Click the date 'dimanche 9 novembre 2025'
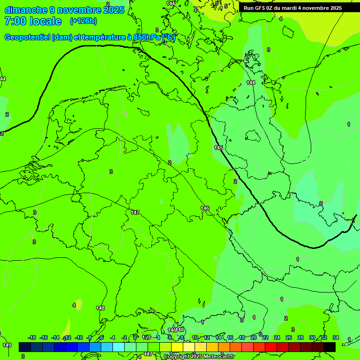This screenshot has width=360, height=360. [x=64, y=10]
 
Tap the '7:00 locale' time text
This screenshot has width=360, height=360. [x=33, y=21]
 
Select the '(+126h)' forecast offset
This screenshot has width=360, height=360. [x=83, y=21]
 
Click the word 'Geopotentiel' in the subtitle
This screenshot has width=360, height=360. [x=27, y=37]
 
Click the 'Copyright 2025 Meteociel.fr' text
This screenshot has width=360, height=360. [x=199, y=357]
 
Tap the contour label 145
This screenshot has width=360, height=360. [x=218, y=148]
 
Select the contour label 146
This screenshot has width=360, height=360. [x=205, y=208]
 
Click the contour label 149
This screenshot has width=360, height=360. [x=7, y=345]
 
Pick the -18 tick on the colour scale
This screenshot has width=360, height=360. [x=32, y=337]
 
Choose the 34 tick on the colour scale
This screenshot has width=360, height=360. [x=336, y=337]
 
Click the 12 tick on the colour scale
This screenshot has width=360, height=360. [x=207, y=337]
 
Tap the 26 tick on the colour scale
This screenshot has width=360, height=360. [x=289, y=337]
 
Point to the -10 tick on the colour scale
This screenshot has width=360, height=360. [x=79, y=337]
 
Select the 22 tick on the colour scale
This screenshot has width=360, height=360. [x=265, y=337]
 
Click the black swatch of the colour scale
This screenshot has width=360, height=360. [x=330, y=347]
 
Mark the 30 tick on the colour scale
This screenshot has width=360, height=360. [x=312, y=337]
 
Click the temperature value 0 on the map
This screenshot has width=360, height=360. [x=321, y=203]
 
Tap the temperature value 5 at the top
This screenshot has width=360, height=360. [x=225, y=6]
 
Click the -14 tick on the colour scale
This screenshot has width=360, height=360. [x=56, y=337]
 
